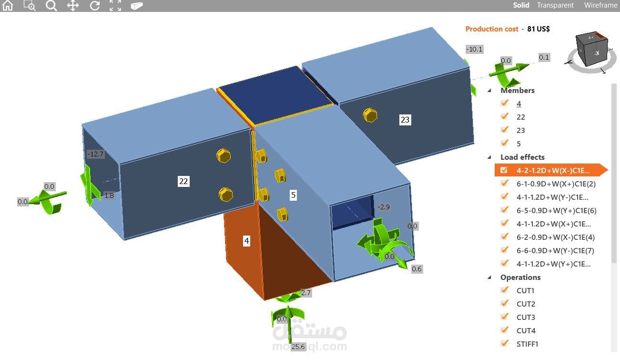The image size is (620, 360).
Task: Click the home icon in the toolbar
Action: coord(8,5)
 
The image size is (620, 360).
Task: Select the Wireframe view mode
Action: coord(600,5)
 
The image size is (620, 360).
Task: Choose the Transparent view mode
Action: coord(555,5)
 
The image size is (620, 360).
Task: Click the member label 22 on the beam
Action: coord(183,181)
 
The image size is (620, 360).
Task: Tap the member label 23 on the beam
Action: coord(405,120)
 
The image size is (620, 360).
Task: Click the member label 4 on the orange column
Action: coord(246,241)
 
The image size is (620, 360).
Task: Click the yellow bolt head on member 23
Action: coord(370,115)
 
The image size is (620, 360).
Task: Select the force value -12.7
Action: coord(95,154)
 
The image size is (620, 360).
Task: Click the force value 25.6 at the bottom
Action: coord(298,347)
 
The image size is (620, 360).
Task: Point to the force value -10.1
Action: coord(474,49)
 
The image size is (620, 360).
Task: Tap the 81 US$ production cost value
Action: coord(539,29)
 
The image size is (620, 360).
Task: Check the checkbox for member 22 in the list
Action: coord(504,116)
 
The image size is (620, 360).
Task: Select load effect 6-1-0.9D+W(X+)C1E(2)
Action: coord(556,184)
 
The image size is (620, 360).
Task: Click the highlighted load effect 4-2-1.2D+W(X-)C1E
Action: coord(553,171)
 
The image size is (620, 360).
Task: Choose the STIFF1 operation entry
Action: coord(527,344)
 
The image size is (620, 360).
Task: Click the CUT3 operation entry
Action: coord(526,318)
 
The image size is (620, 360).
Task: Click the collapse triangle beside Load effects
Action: coord(489,157)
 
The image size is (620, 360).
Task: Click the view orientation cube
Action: coord(591,49)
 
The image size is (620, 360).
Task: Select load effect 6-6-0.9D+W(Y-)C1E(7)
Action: coord(555,251)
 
